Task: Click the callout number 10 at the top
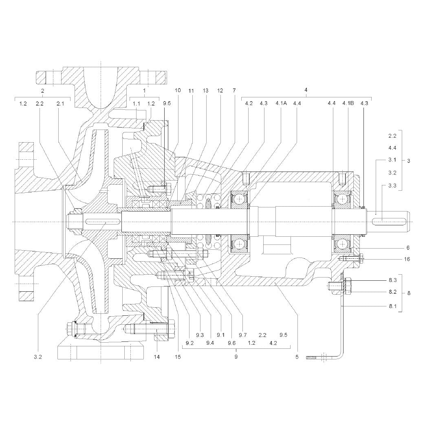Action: tap(178, 90)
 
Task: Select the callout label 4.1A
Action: tap(281, 103)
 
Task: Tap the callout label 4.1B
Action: tap(348, 103)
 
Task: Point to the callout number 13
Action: tap(205, 90)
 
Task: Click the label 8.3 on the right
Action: tap(393, 280)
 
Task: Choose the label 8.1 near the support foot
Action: tap(393, 306)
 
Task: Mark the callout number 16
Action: tap(407, 259)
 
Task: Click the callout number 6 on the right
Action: tap(408, 248)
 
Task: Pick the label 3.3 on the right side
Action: tap(392, 186)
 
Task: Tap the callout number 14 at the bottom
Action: tap(156, 357)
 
